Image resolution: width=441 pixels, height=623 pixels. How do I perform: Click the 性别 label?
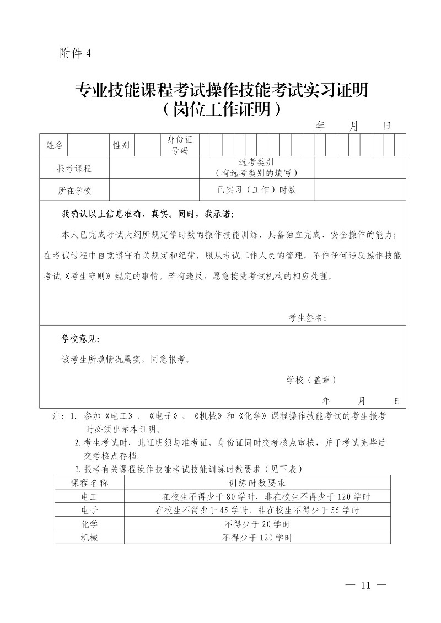[x=121, y=145]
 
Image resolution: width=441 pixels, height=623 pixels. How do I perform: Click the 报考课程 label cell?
[x=74, y=168]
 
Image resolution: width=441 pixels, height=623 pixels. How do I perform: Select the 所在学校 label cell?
[x=74, y=191]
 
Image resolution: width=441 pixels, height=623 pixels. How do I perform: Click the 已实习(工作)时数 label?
[x=256, y=190]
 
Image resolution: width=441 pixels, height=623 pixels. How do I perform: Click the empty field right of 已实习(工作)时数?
[x=359, y=190]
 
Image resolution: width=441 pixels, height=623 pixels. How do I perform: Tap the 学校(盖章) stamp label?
[x=311, y=380]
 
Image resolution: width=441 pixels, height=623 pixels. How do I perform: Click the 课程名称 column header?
[x=89, y=483]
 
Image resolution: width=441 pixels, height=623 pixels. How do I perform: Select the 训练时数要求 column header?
[x=257, y=483]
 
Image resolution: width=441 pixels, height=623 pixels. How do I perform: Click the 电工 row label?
[x=89, y=496]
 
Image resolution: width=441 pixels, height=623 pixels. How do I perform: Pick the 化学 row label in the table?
[x=89, y=524]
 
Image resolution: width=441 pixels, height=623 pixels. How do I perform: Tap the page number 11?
[x=364, y=585]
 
